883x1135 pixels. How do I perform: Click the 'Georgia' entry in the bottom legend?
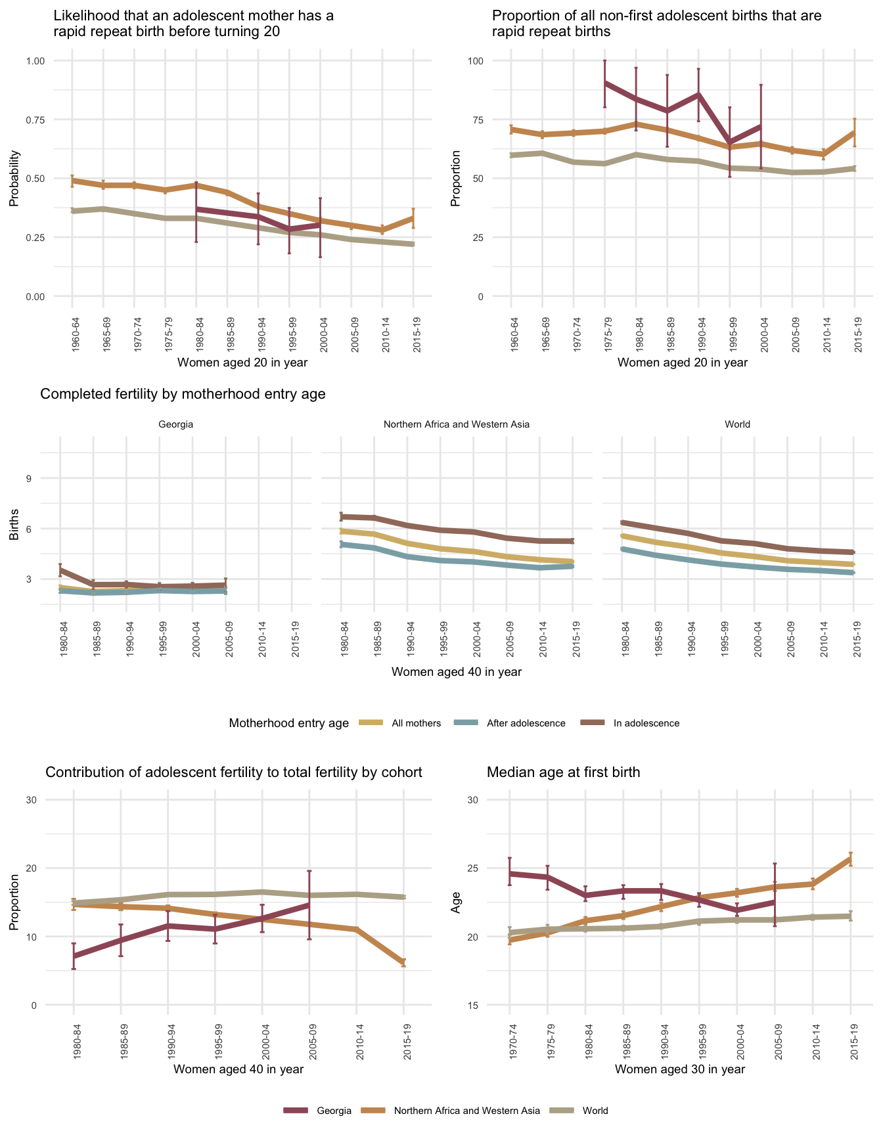(x=334, y=1111)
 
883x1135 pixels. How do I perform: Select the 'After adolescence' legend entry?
(x=526, y=723)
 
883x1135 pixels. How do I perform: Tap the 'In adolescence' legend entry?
(x=646, y=723)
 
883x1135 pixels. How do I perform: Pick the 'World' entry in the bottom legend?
(x=595, y=1111)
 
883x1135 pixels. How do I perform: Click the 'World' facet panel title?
(x=737, y=424)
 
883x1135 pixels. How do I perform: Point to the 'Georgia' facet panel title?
(x=176, y=424)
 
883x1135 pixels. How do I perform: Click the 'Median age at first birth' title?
(x=563, y=772)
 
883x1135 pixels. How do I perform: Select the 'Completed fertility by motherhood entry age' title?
(x=183, y=394)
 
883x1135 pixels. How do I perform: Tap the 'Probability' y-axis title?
(x=14, y=179)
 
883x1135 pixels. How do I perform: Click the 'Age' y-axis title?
(x=455, y=905)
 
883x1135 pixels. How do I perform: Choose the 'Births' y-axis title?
(x=14, y=525)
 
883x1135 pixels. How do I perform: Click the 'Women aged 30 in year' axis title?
(x=680, y=1069)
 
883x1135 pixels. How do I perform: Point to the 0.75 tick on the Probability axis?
(x=34, y=120)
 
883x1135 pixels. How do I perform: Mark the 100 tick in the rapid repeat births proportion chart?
(x=474, y=61)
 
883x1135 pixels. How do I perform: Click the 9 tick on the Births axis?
(x=29, y=478)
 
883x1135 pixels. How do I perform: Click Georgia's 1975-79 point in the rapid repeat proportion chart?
(x=605, y=83)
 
